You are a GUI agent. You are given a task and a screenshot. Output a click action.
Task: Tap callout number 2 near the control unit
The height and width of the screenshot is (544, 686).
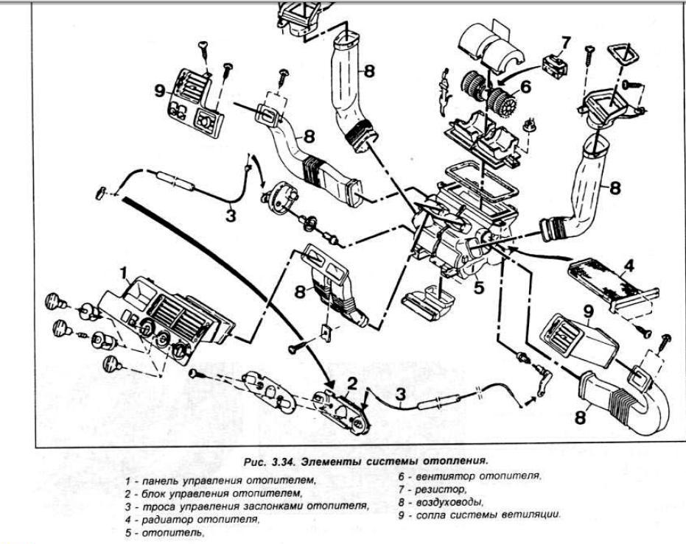353,384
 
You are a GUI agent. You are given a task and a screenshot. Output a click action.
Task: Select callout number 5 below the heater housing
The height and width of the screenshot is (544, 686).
480,288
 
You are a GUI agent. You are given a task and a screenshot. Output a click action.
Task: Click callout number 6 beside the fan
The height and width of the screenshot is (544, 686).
525,86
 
